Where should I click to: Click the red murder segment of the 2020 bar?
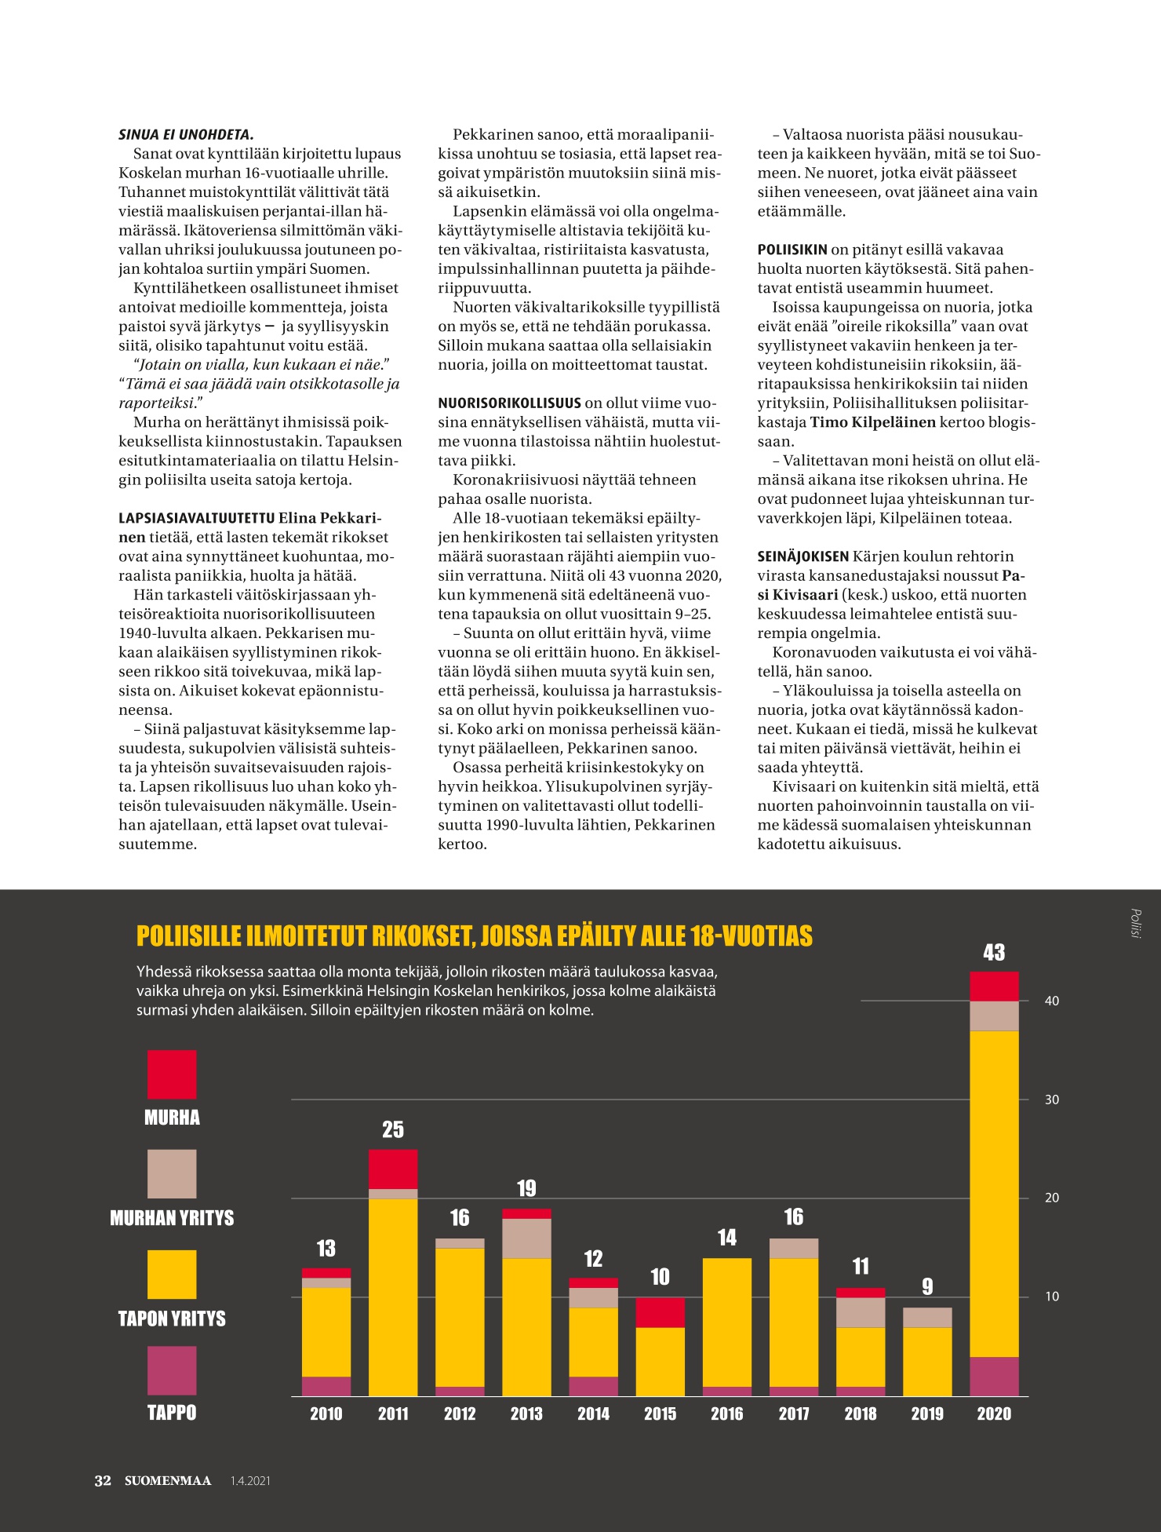click(994, 987)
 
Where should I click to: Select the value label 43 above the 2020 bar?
click(994, 952)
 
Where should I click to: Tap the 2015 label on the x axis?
click(660, 1413)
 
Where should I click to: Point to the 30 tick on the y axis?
click(1052, 1100)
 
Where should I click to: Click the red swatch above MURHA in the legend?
click(172, 1074)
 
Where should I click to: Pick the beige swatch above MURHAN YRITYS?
click(172, 1174)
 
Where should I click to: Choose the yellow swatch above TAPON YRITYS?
click(172, 1275)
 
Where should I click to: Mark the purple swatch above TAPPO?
click(172, 1370)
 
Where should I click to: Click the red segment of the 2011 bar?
click(393, 1169)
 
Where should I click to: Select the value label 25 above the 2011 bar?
click(393, 1129)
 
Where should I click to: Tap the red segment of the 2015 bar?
click(660, 1312)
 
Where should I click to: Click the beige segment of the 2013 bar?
click(526, 1238)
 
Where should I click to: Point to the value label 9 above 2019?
click(927, 1286)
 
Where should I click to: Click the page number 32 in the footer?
click(103, 1481)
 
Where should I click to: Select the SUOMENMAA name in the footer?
click(168, 1481)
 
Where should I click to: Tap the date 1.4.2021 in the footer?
click(250, 1481)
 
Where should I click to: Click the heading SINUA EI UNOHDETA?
click(186, 135)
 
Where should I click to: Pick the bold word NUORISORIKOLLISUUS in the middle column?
click(509, 403)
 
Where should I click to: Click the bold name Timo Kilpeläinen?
click(872, 422)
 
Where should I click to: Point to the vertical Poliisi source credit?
click(1135, 924)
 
